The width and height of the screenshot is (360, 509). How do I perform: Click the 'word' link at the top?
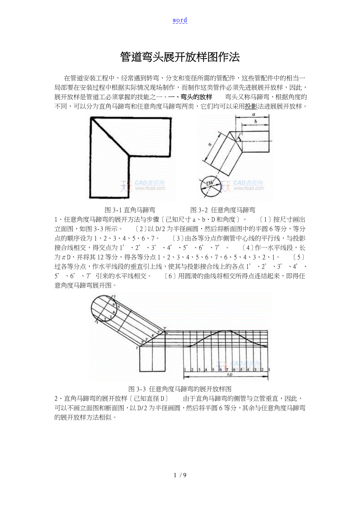pyautogui.click(x=180, y=20)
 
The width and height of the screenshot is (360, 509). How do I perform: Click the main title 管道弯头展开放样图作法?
pyautogui.click(x=180, y=57)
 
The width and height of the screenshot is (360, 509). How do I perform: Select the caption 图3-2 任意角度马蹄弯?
pyautogui.click(x=223, y=210)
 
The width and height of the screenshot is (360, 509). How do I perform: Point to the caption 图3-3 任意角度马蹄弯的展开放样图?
pyautogui.click(x=180, y=389)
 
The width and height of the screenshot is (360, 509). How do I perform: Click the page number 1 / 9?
pyautogui.click(x=180, y=475)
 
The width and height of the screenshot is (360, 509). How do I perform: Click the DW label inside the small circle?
pyautogui.click(x=210, y=183)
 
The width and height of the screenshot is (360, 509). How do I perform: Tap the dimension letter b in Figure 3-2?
pyautogui.click(x=256, y=122)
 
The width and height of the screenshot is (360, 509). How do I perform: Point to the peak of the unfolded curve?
pyautogui.click(x=227, y=331)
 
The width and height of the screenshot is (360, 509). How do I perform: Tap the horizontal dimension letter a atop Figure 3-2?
pyautogui.click(x=254, y=114)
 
